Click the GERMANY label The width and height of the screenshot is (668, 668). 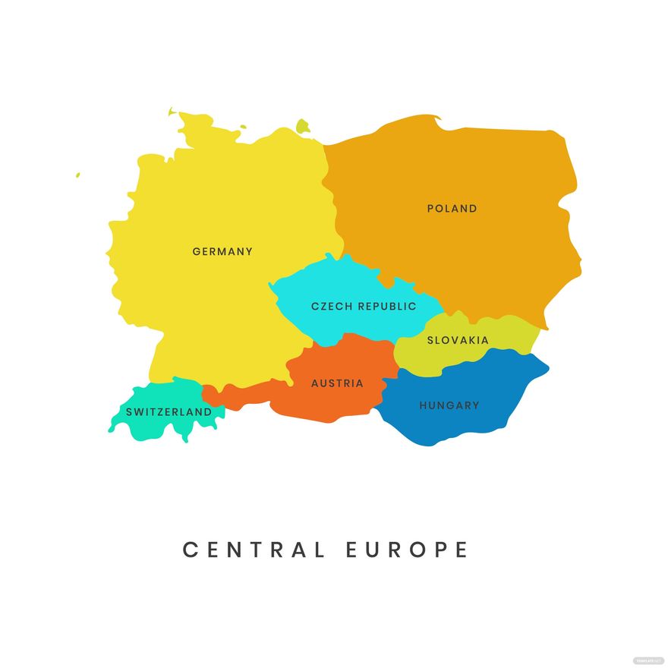pyautogui.click(x=222, y=251)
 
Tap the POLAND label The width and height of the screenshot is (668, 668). pyautogui.click(x=452, y=208)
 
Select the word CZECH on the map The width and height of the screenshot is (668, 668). pyautogui.click(x=332, y=307)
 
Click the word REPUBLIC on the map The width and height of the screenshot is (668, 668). pyautogui.click(x=387, y=307)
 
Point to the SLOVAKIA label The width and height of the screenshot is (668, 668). pyautogui.click(x=458, y=340)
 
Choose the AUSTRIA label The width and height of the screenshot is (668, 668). pyautogui.click(x=337, y=383)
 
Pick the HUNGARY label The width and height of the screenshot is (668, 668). pyautogui.click(x=449, y=405)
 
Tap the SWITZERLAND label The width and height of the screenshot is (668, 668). pyautogui.click(x=169, y=411)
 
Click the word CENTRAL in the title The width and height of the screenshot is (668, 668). pyautogui.click(x=254, y=550)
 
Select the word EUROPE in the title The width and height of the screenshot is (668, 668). pyautogui.click(x=408, y=550)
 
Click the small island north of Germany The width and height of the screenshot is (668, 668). pyautogui.click(x=303, y=126)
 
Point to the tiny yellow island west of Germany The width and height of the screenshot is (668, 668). pyautogui.click(x=77, y=175)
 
